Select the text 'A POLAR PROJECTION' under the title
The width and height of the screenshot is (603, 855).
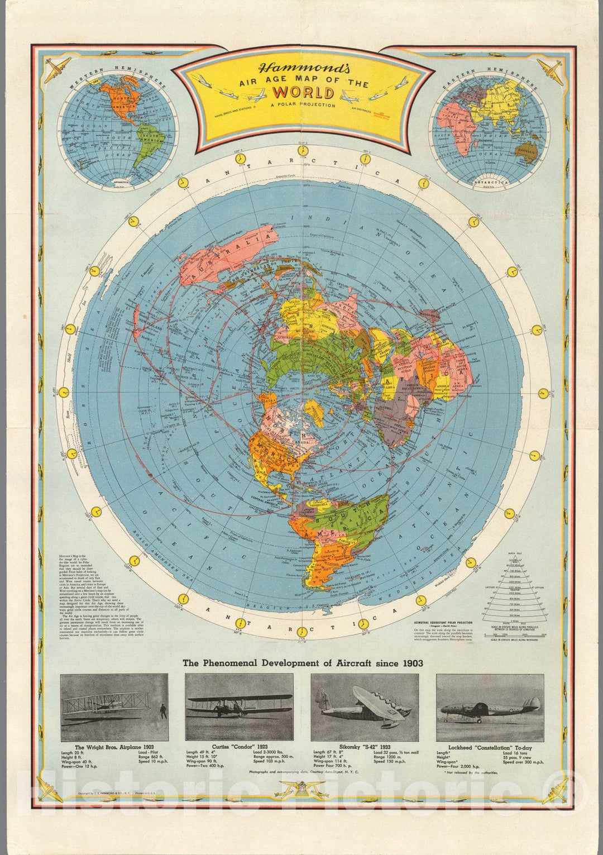pyautogui.click(x=302, y=105)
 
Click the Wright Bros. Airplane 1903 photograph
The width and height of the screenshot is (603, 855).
pyautogui.click(x=114, y=706)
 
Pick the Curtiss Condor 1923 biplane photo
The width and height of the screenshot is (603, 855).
pyautogui.click(x=239, y=706)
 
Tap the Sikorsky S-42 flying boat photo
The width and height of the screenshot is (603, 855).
pyautogui.click(x=364, y=706)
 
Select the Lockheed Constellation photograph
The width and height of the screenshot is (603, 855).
pyautogui.click(x=490, y=706)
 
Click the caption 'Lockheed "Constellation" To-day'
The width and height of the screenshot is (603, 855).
pyautogui.click(x=490, y=747)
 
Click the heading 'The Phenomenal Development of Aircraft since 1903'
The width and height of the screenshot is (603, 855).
pyautogui.click(x=303, y=663)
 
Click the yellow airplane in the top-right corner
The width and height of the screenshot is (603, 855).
pyautogui.click(x=553, y=71)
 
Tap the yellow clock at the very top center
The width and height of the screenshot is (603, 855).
pyautogui.click(x=302, y=151)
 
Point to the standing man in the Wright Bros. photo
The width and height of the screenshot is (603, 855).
pyautogui.click(x=162, y=711)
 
